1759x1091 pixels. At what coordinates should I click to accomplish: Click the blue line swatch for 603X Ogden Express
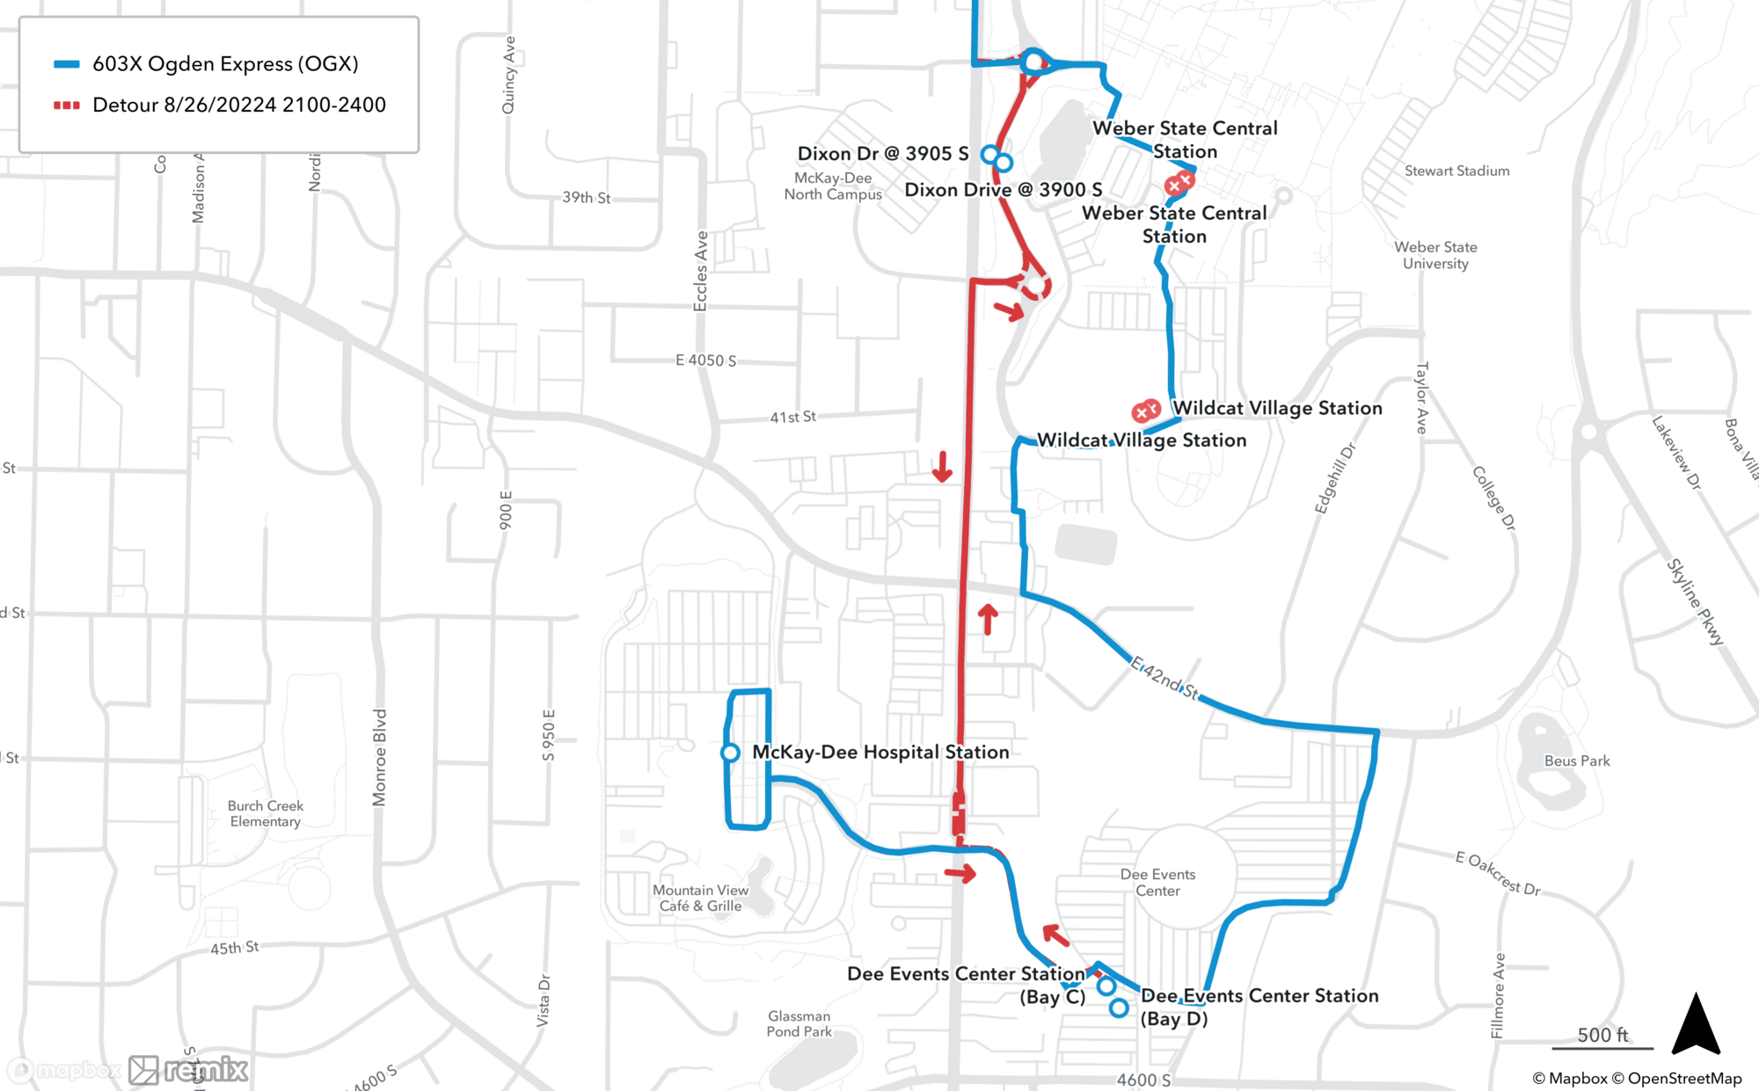click(67, 64)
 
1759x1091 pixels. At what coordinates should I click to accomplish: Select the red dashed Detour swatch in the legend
click(67, 105)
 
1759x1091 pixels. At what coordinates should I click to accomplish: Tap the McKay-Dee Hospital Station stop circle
click(730, 753)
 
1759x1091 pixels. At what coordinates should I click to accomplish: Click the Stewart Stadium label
click(1456, 171)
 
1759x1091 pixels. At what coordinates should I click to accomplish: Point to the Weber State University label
click(1435, 255)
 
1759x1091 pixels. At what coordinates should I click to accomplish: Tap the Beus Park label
click(1577, 760)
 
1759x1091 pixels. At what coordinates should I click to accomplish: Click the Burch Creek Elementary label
click(265, 813)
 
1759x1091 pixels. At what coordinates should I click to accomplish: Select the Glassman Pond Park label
click(799, 1023)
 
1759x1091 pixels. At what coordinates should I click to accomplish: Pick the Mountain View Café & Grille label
click(700, 898)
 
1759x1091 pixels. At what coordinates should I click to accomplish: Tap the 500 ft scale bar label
click(1602, 1035)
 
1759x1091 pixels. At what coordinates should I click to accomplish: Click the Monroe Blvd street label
click(379, 757)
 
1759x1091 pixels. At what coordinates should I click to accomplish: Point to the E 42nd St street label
click(1164, 678)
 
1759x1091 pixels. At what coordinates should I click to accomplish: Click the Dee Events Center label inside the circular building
click(1157, 882)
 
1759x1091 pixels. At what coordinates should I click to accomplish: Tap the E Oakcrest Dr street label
click(1497, 872)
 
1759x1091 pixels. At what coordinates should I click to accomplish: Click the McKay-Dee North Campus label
click(833, 186)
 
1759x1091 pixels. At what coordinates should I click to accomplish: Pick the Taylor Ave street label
click(1421, 397)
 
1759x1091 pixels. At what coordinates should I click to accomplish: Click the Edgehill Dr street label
click(1334, 478)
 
